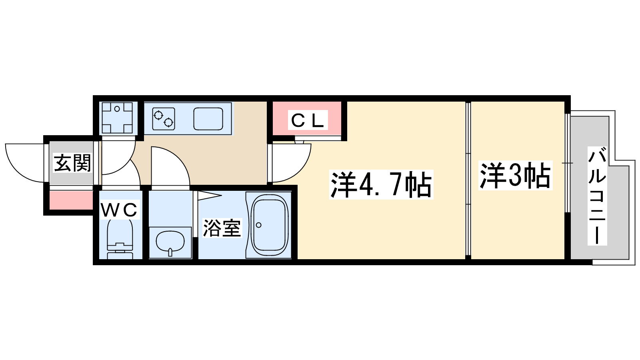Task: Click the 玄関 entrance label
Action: click(x=72, y=163)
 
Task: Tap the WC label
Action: click(x=119, y=210)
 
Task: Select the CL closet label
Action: click(x=307, y=120)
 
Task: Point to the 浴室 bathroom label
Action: click(x=222, y=228)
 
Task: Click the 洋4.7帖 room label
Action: click(x=381, y=185)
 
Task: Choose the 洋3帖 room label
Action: click(x=515, y=175)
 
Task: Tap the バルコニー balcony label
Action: click(x=597, y=196)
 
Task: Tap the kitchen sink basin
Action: click(x=208, y=119)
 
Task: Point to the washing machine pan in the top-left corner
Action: click(x=117, y=118)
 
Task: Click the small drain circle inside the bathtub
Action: click(x=258, y=225)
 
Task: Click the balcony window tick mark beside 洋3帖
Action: click(x=567, y=163)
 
